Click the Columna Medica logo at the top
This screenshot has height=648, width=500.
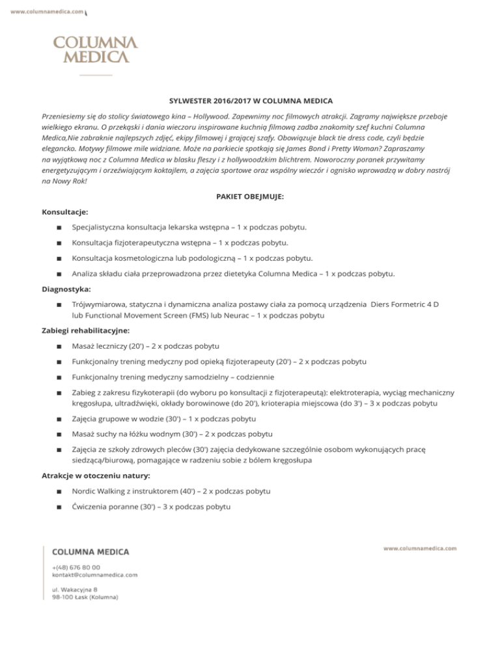tap(95, 50)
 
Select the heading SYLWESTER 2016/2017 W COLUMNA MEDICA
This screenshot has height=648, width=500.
tap(251, 100)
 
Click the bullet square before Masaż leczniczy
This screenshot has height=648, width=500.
tap(59, 346)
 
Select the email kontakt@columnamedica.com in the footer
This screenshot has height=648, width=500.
tap(94, 575)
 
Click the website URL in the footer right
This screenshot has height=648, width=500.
tap(420, 549)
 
